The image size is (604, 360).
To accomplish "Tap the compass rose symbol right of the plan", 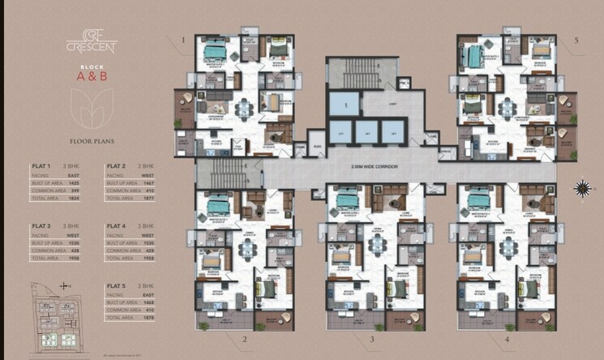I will click(x=581, y=188).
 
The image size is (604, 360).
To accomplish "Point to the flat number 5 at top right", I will click(x=576, y=40).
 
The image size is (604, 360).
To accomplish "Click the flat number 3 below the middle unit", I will click(x=371, y=339).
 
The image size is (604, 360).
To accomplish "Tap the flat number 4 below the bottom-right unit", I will click(x=505, y=339).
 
